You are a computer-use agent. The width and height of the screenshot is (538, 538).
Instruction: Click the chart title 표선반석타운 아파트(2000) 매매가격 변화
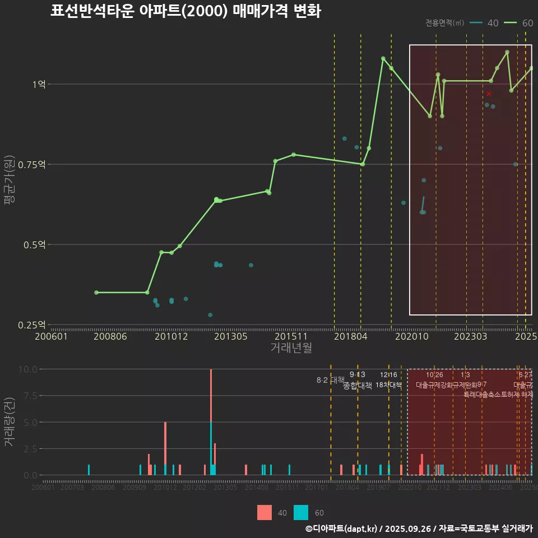pyautogui.click(x=185, y=11)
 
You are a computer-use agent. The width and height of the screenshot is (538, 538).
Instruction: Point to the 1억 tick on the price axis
pyautogui.click(x=39, y=84)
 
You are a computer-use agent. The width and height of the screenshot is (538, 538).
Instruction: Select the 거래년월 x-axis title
pyautogui.click(x=291, y=348)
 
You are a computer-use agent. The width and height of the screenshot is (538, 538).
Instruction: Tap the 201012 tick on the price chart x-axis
pyautogui.click(x=171, y=336)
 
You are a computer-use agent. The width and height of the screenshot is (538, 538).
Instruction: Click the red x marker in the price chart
pyautogui.click(x=489, y=94)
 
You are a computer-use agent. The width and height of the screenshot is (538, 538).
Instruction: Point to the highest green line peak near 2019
pyautogui.click(x=383, y=58)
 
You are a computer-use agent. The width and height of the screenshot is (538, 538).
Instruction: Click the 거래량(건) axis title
pyautogui.click(x=10, y=421)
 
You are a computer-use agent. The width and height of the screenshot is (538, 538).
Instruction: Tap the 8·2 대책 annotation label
pyautogui.click(x=330, y=380)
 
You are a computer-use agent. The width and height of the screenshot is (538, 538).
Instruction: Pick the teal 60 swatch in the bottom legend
pyautogui.click(x=301, y=512)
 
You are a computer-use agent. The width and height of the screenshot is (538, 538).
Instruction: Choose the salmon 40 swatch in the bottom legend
pyautogui.click(x=265, y=512)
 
